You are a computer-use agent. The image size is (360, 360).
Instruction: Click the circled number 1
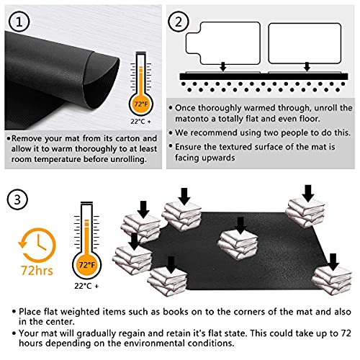(19, 22)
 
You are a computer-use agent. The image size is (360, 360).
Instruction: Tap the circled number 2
(178, 22)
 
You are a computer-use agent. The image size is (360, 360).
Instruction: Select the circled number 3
(17, 199)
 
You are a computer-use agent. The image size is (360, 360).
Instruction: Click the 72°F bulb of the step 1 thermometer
(141, 104)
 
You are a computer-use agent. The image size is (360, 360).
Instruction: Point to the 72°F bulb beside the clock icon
(86, 265)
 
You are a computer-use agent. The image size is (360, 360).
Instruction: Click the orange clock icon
(37, 245)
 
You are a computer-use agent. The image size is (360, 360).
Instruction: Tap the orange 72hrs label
(37, 271)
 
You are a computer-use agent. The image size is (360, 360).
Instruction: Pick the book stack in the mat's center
(238, 244)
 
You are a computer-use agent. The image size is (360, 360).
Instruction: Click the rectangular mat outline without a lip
(305, 43)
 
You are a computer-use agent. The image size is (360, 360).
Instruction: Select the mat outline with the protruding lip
(223, 43)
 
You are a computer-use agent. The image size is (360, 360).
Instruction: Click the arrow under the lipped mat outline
(223, 66)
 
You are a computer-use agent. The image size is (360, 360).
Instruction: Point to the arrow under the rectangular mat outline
(307, 66)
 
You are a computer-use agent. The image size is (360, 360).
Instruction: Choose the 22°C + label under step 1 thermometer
(141, 122)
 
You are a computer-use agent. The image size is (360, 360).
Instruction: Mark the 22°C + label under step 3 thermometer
(86, 286)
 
